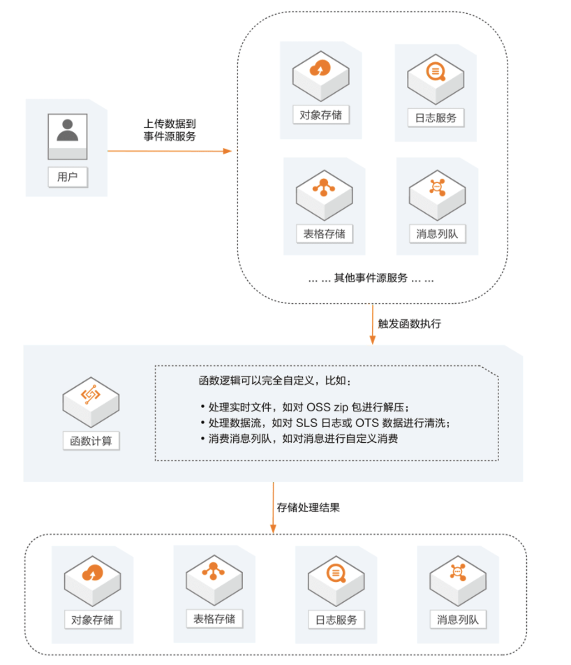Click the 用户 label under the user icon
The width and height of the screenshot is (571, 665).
click(x=68, y=177)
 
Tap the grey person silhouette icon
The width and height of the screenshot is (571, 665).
click(x=68, y=130)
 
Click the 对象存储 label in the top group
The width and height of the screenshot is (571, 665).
click(x=320, y=115)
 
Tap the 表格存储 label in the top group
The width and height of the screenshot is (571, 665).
click(x=324, y=233)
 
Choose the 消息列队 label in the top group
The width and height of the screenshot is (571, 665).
click(x=437, y=234)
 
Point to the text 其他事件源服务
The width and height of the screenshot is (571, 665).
click(x=371, y=277)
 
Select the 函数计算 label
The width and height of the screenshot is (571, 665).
click(x=91, y=441)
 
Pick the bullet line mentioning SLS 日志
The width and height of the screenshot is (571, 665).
click(x=325, y=423)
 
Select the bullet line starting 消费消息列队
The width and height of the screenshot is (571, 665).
click(x=298, y=439)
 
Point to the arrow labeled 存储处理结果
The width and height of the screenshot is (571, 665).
click(x=273, y=508)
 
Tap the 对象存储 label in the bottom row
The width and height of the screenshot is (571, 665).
click(x=92, y=619)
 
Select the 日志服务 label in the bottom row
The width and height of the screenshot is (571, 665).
click(x=336, y=620)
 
